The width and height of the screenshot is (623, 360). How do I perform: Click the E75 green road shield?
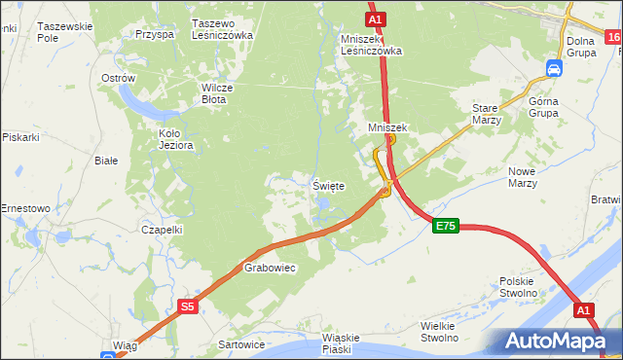pos(445,226)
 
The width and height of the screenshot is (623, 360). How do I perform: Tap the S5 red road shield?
pos(189,306)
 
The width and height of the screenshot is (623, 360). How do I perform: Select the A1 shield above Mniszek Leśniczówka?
pos(377,18)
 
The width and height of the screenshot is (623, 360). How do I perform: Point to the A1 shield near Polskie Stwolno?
pos(583,309)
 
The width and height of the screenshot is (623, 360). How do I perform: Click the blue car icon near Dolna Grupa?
pos(554,69)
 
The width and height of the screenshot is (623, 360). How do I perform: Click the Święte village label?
pos(328,186)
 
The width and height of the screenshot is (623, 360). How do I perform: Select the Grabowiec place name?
pos(269,267)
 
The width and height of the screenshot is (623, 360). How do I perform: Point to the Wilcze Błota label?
pos(213,92)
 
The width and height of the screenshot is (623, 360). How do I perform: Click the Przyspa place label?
pos(155,33)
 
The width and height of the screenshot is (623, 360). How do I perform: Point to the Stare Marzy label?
pos(486,114)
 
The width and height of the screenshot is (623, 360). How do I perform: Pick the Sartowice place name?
pos(242,344)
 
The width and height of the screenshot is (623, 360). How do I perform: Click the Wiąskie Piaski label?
pos(341,343)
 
